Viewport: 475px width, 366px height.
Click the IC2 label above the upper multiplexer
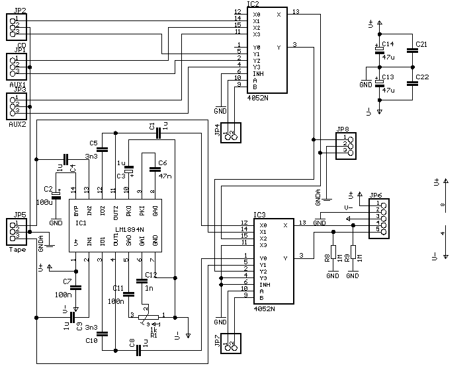click(252, 4)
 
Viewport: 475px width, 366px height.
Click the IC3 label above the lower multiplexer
click(259, 215)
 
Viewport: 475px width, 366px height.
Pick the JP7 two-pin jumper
click(230, 344)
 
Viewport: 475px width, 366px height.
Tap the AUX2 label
click(18, 124)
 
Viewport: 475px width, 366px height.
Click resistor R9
click(353, 253)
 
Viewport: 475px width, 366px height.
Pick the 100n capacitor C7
click(75, 287)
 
